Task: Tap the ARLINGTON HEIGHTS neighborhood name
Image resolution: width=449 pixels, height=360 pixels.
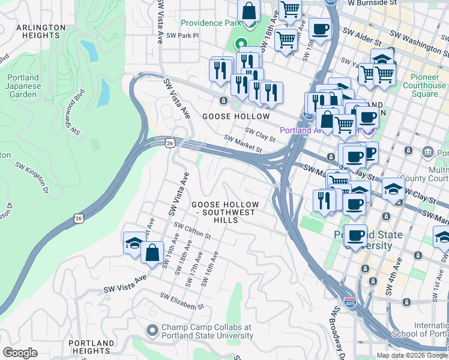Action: tap(41, 31)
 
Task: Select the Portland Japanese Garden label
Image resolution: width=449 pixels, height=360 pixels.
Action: tap(24, 86)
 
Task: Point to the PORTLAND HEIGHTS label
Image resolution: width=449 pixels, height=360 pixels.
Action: tap(91, 347)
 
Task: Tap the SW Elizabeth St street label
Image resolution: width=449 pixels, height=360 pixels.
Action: tap(182, 301)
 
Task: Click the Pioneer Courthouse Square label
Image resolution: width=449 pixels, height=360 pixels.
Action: tap(429, 85)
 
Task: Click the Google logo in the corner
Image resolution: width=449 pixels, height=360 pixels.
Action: tap(20, 353)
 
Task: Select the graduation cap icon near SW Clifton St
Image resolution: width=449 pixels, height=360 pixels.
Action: tap(133, 243)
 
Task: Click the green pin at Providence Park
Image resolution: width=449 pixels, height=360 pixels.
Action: tap(241, 44)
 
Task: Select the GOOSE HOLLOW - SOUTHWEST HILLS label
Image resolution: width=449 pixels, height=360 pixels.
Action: tap(224, 212)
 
